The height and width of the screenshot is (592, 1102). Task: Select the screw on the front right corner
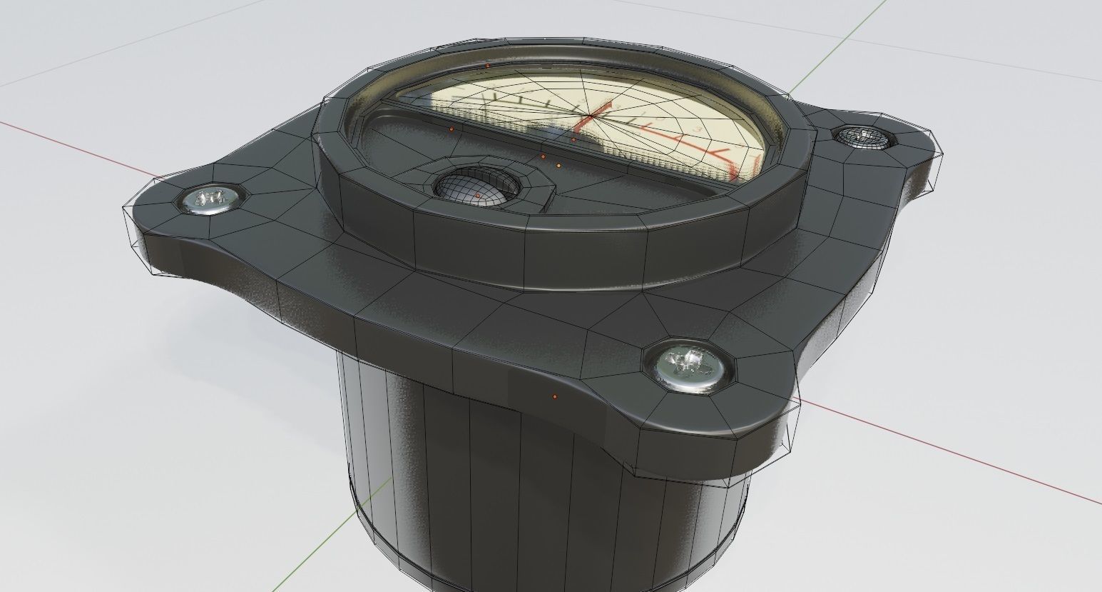(x=688, y=366)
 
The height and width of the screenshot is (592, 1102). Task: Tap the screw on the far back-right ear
(x=864, y=136)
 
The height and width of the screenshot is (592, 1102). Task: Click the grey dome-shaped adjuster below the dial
(x=476, y=188)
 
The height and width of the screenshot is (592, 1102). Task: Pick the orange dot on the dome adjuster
(x=477, y=195)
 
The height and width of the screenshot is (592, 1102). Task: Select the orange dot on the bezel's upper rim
(x=487, y=66)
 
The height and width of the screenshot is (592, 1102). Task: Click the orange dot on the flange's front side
(x=555, y=396)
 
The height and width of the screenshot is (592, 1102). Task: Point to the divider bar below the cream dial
(x=499, y=126)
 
